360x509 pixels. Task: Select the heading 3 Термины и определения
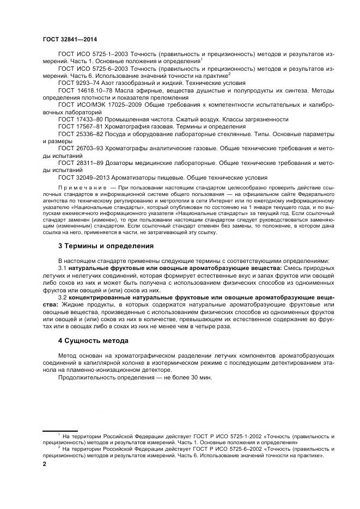106,246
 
